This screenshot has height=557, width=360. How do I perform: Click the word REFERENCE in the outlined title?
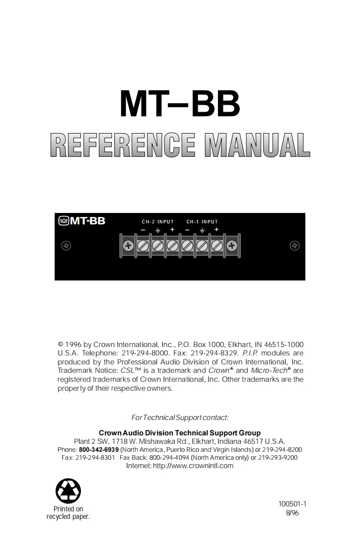[123, 145]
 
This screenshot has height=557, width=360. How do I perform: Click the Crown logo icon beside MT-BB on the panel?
[64, 221]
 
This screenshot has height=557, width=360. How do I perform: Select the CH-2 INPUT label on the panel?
[158, 222]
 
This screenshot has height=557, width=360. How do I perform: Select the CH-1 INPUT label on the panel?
[202, 222]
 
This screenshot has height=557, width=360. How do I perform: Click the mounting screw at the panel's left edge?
[66, 246]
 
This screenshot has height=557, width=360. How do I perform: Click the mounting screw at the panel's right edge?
[294, 246]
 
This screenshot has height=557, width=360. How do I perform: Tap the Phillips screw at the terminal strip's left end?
[128, 246]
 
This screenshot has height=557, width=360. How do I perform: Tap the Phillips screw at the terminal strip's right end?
[231, 246]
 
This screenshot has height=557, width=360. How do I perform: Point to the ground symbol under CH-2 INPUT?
[158, 230]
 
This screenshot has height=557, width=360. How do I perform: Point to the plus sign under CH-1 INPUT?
[216, 229]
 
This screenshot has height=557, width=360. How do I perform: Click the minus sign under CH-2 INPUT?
[143, 230]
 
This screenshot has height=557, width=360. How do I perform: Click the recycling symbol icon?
[68, 491]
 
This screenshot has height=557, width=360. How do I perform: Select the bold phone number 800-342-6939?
[99, 450]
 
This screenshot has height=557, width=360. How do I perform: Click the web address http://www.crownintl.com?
[193, 466]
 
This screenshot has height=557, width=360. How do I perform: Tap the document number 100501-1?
[292, 504]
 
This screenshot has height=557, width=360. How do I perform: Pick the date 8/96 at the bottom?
[292, 513]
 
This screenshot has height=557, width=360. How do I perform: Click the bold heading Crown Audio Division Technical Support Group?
[180, 433]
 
